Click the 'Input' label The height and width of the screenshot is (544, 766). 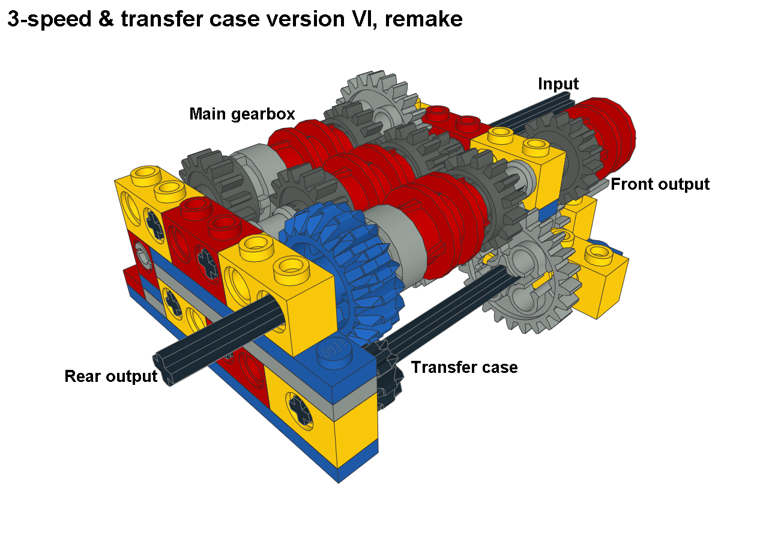pyautogui.click(x=558, y=84)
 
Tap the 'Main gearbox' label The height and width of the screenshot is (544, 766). pyautogui.click(x=242, y=114)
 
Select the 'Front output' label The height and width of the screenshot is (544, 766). pyautogui.click(x=660, y=184)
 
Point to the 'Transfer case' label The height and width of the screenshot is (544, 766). pyautogui.click(x=465, y=367)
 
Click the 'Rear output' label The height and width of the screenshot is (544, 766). pyautogui.click(x=111, y=376)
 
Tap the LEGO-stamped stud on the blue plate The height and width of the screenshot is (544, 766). pyautogui.click(x=334, y=352)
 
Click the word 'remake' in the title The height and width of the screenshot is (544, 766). pyautogui.click(x=423, y=19)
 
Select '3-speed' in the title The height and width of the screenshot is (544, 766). pyautogui.click(x=49, y=19)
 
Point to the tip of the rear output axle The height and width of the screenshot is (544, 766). pyautogui.click(x=161, y=369)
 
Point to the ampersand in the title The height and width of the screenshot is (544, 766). pyautogui.click(x=106, y=19)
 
